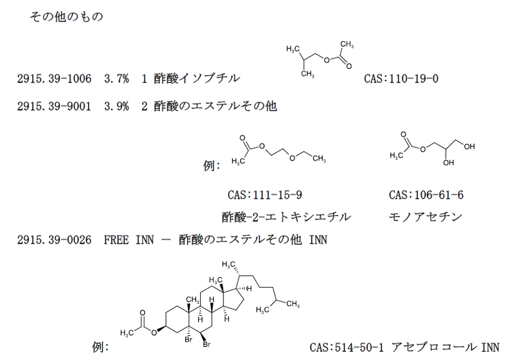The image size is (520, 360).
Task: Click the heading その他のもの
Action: [x=66, y=17]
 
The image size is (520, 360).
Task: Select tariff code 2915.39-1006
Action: [x=55, y=78]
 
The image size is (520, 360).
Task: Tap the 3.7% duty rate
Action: [x=116, y=78]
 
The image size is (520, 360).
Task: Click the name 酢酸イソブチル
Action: [x=196, y=78]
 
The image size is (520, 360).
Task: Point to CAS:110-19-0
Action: [x=401, y=78]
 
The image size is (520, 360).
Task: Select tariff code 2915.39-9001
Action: [x=55, y=106]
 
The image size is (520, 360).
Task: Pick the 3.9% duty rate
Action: [x=116, y=106]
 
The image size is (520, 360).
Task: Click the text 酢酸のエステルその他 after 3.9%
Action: [x=215, y=106]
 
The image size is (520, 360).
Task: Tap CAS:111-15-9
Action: [x=265, y=195]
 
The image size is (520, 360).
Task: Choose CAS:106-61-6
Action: [x=426, y=195]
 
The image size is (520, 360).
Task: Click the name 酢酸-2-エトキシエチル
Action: [x=286, y=217]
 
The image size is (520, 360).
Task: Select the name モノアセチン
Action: [x=425, y=217]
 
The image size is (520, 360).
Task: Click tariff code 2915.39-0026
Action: [x=55, y=240]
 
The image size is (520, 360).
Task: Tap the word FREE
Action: [x=116, y=240]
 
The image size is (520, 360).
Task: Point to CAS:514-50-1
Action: [x=347, y=347]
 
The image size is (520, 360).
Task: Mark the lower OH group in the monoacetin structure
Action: [x=448, y=163]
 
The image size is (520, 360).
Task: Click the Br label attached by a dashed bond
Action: [x=188, y=340]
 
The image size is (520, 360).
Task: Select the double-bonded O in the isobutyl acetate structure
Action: [x=349, y=66]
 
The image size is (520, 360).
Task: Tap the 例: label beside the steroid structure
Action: [x=101, y=347]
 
